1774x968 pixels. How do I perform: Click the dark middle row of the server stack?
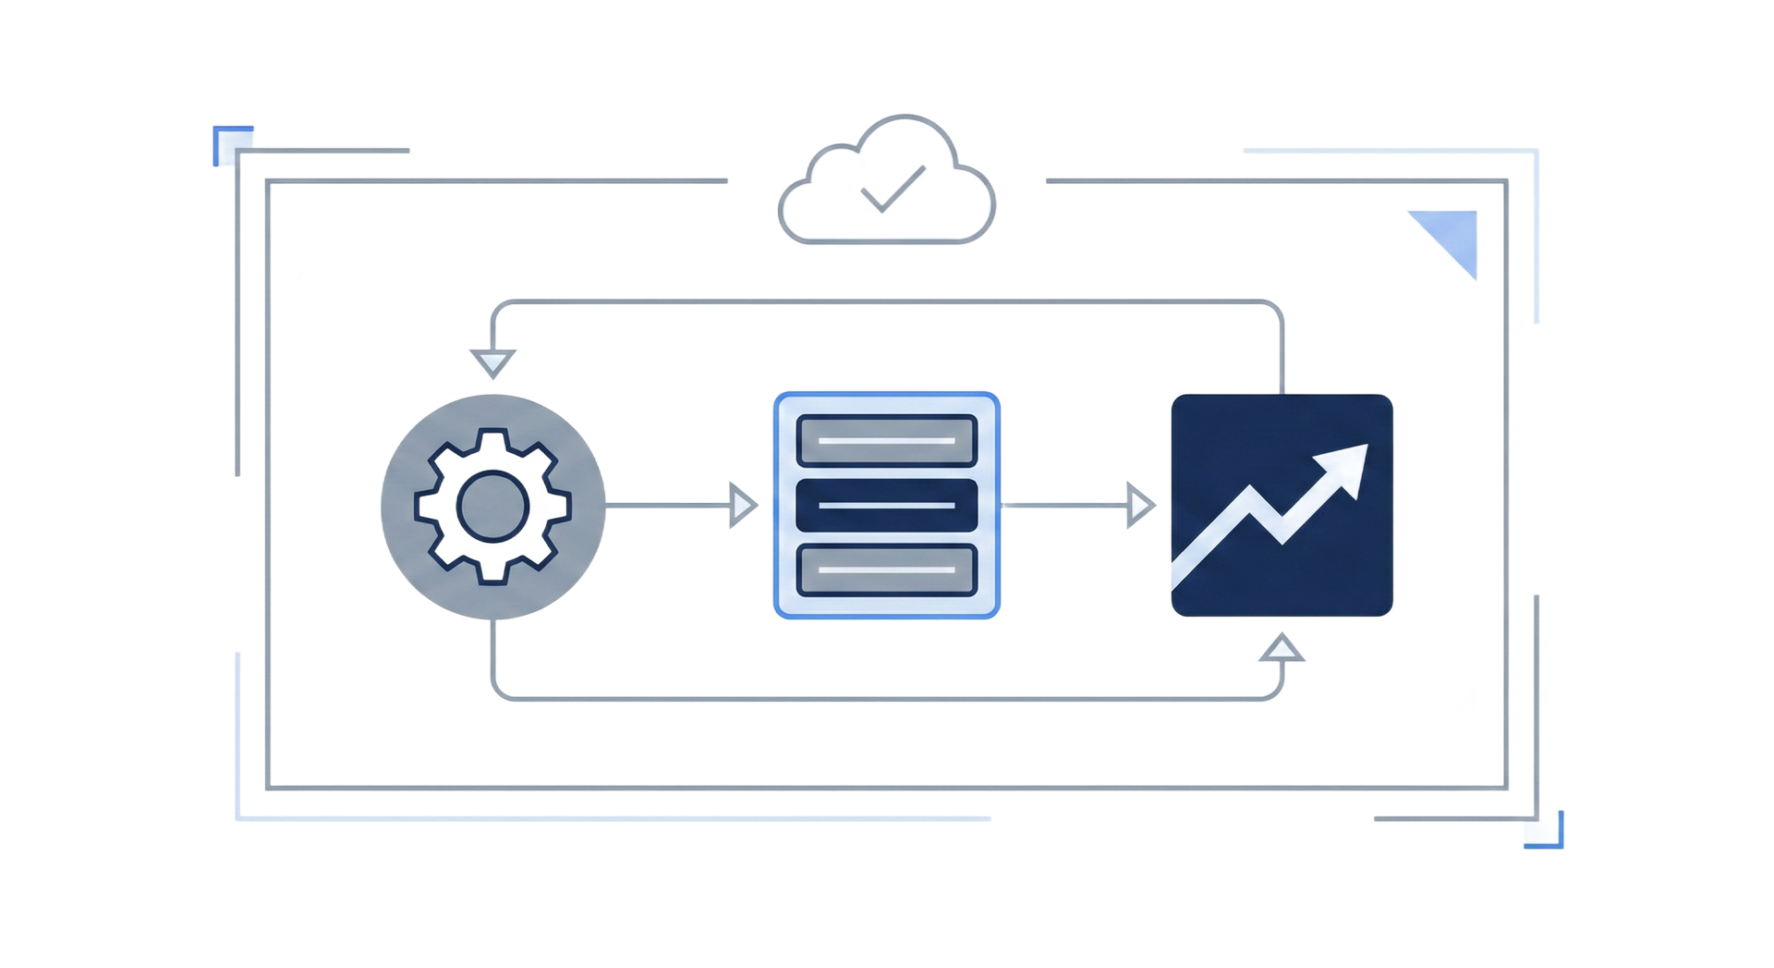886,505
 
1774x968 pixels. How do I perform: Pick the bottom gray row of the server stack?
886,570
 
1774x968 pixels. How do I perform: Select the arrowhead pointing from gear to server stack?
741,505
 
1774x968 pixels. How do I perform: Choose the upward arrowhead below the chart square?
1282,649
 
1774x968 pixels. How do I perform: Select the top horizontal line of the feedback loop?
887,301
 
